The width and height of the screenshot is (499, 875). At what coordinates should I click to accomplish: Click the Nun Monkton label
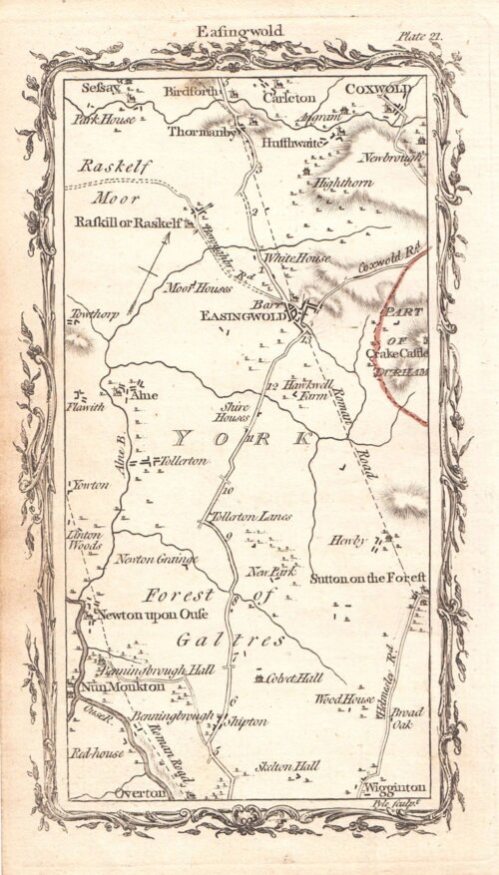(108, 686)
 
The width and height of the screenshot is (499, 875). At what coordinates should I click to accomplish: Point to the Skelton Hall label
(288, 766)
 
